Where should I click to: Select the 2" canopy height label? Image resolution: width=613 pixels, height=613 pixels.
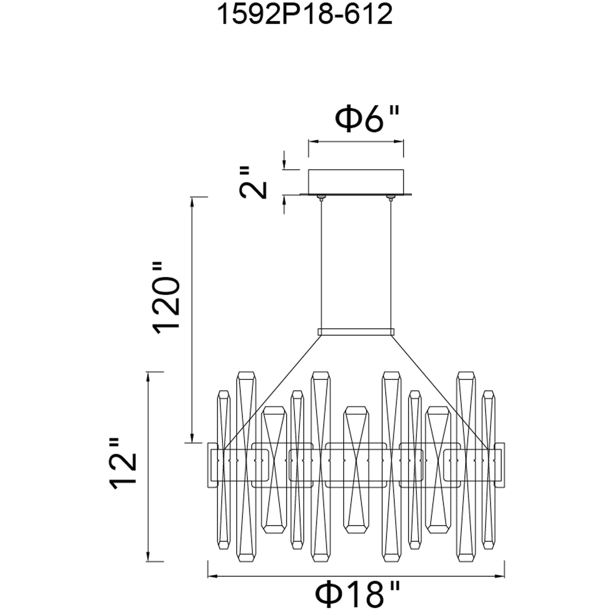(255, 183)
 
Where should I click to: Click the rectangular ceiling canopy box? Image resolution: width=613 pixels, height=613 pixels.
(356, 182)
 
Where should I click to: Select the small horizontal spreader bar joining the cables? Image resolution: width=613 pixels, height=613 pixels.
(356, 332)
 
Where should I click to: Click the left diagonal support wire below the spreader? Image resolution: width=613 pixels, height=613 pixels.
(273, 390)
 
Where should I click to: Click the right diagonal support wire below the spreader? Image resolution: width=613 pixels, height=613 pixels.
(440, 390)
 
